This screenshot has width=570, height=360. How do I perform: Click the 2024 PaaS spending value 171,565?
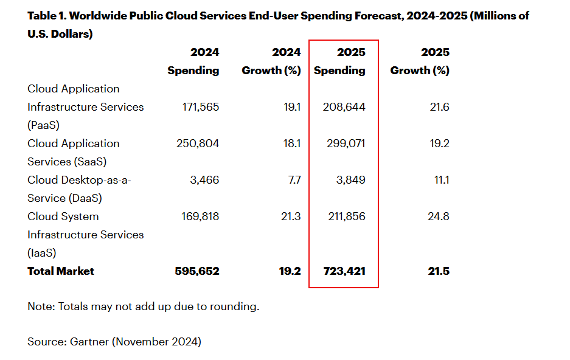tap(201, 107)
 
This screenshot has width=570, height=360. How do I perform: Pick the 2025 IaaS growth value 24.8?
tap(438, 216)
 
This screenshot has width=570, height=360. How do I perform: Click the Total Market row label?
tap(61, 271)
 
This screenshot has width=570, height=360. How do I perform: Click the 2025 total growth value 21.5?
tap(438, 271)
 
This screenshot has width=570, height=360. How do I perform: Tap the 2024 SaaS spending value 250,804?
tap(200, 144)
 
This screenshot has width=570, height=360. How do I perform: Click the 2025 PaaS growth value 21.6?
tap(439, 107)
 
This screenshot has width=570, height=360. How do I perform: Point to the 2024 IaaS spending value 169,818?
tap(201, 216)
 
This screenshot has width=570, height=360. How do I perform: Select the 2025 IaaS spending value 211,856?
tap(345, 216)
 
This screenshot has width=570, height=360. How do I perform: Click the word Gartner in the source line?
tap(87, 342)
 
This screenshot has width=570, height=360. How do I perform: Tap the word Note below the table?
tap(40, 306)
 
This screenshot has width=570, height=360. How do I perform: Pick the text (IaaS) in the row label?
tap(43, 253)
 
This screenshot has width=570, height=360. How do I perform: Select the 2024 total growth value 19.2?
tap(290, 271)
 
